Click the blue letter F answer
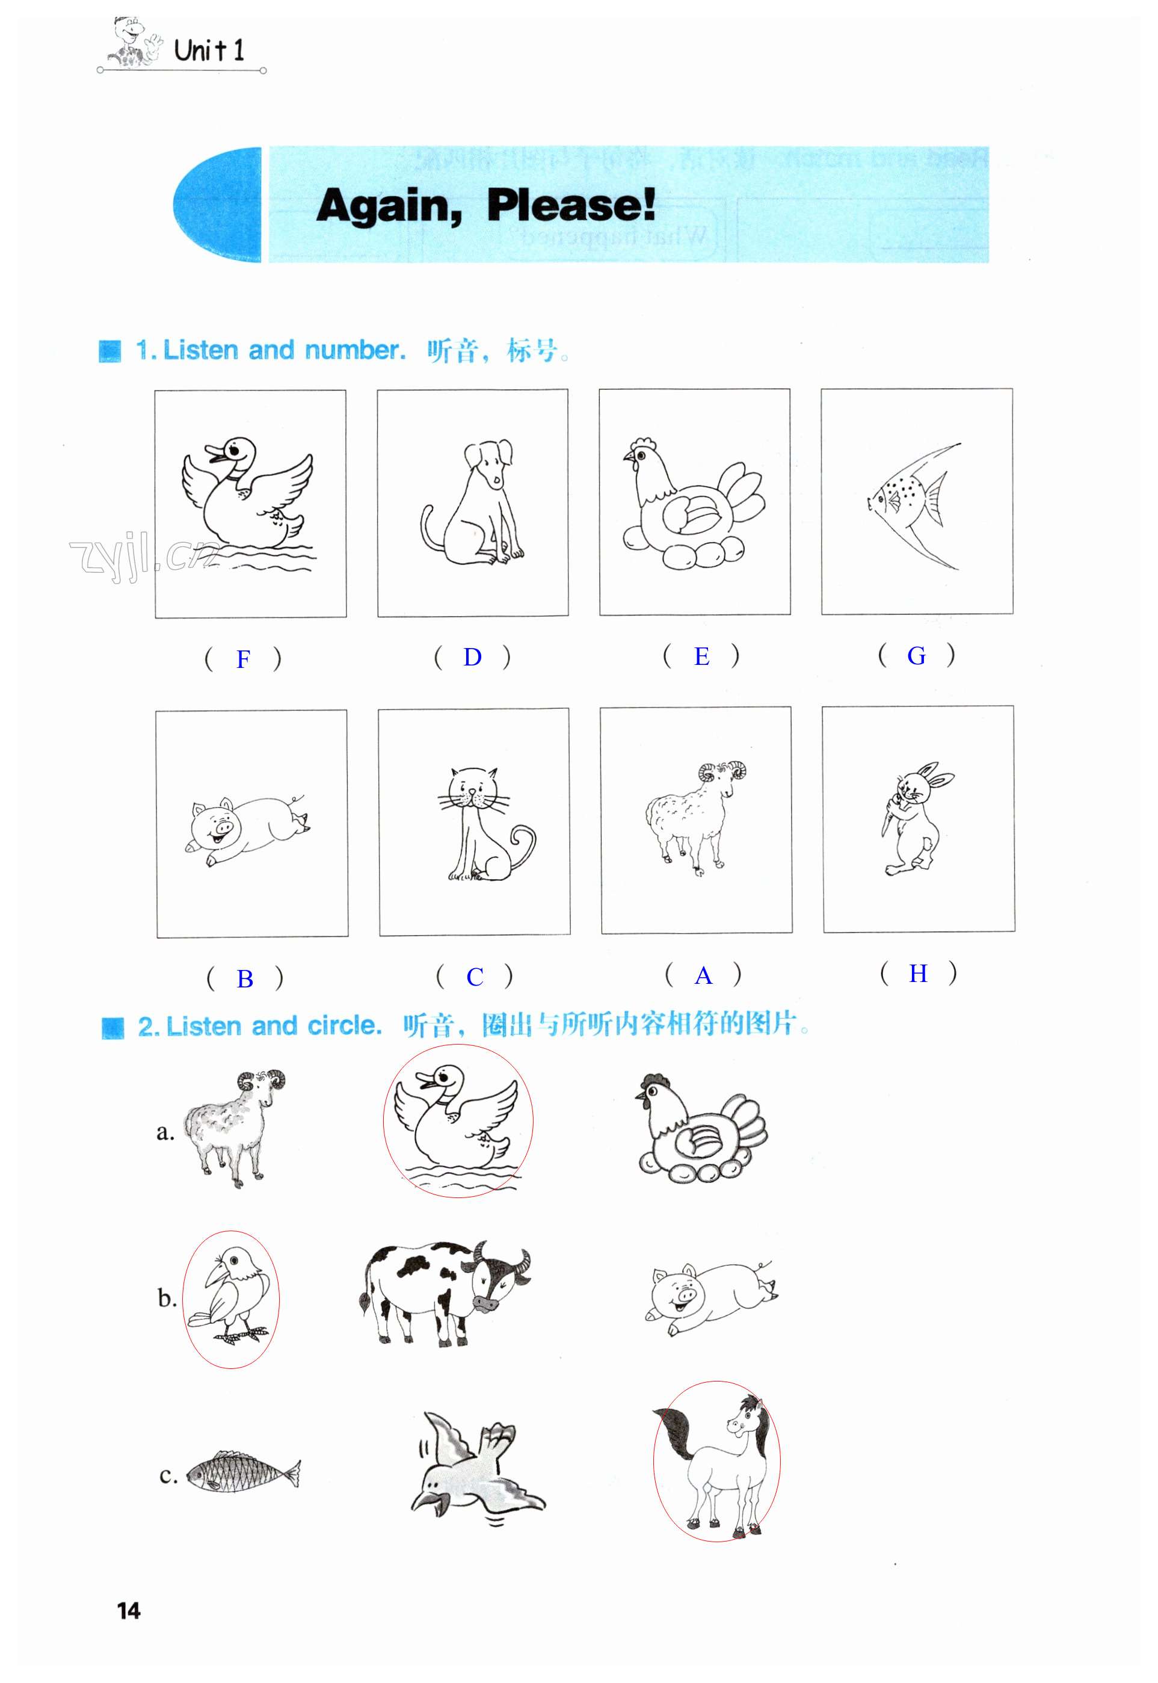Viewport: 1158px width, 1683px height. click(x=243, y=659)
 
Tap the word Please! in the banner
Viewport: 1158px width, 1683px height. click(x=571, y=205)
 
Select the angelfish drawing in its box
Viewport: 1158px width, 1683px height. click(x=914, y=504)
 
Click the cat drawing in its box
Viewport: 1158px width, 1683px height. click(x=486, y=824)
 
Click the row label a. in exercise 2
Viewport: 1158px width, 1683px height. click(x=165, y=1132)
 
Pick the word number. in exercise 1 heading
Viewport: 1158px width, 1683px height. click(x=355, y=351)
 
